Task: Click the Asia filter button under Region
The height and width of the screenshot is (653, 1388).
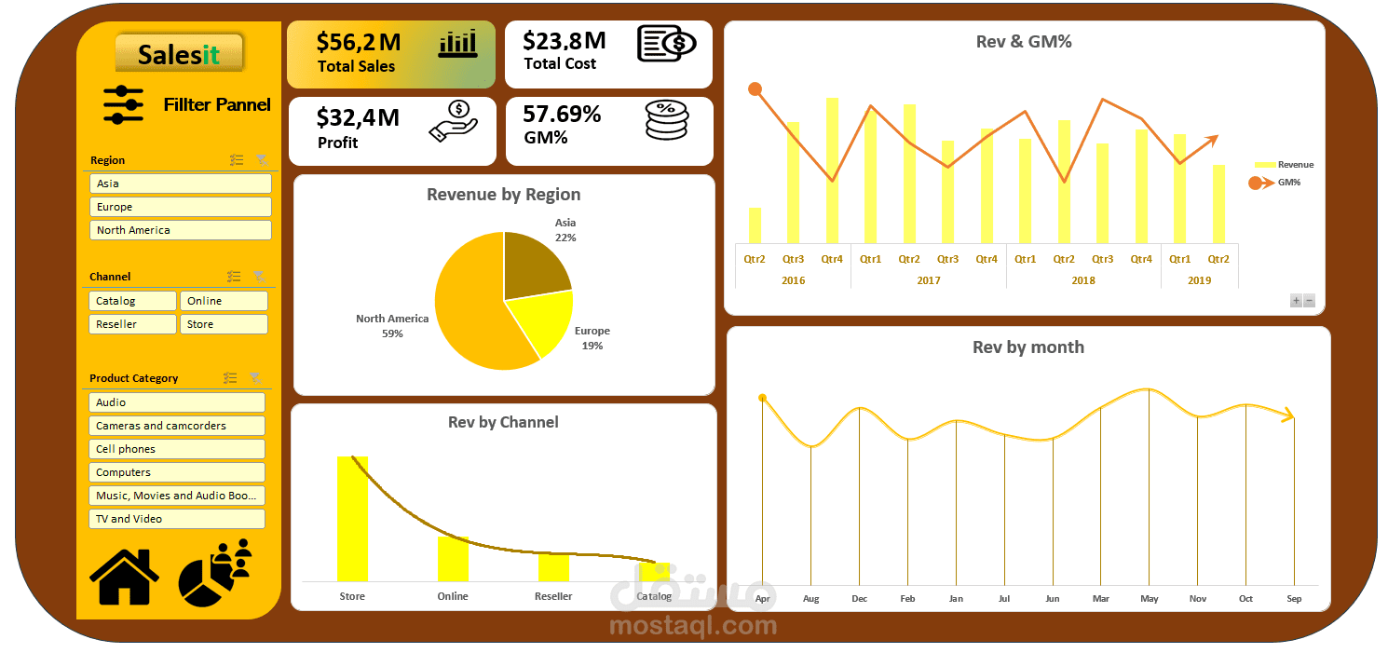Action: point(181,184)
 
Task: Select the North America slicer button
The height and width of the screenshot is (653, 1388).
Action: point(181,230)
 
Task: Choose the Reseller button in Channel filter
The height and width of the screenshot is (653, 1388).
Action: point(132,324)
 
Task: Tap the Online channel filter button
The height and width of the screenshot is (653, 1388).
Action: point(224,301)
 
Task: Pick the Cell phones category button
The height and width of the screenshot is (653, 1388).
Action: point(177,449)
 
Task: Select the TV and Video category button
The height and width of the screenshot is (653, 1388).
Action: point(177,519)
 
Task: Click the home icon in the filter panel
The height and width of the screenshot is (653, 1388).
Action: point(125,578)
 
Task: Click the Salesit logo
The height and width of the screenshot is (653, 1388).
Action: point(179,54)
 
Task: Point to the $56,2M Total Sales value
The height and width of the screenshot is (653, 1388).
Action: point(358,42)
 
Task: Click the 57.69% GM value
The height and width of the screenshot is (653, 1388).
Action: point(562,114)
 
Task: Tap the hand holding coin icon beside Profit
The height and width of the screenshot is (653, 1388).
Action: point(454,121)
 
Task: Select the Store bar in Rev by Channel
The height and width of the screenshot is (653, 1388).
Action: point(352,519)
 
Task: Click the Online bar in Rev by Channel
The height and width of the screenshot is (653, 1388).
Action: point(453,559)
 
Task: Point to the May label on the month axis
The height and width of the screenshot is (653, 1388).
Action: point(1149,598)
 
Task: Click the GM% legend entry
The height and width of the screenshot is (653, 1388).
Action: point(1274,183)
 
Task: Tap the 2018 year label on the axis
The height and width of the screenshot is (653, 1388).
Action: point(1083,280)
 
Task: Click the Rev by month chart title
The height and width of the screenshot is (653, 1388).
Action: point(1028,347)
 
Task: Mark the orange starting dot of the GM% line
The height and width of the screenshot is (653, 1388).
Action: point(755,89)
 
